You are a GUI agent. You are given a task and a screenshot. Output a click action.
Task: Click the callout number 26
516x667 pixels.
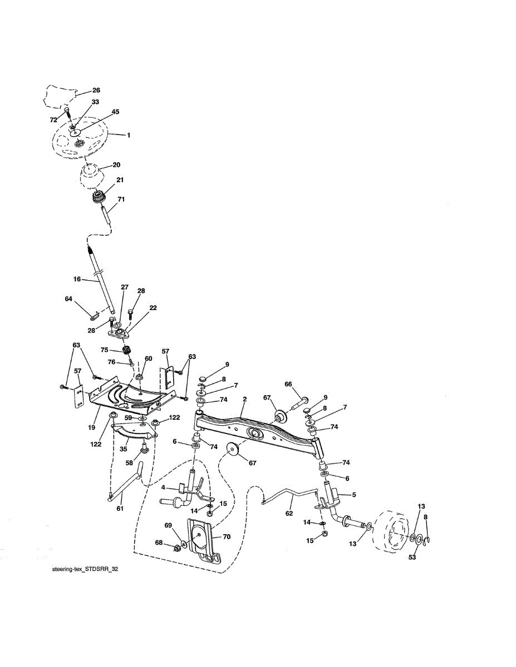(x=96, y=90)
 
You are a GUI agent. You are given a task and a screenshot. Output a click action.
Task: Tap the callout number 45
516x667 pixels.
(x=115, y=112)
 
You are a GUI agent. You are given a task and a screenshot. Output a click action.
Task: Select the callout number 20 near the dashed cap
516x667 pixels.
(x=116, y=165)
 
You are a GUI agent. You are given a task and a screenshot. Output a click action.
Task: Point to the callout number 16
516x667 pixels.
(x=77, y=279)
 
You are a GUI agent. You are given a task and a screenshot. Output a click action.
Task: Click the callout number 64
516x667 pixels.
(x=69, y=299)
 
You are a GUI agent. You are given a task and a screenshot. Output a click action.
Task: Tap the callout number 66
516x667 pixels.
(x=288, y=384)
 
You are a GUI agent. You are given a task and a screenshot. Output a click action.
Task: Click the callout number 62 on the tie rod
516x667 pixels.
(x=289, y=514)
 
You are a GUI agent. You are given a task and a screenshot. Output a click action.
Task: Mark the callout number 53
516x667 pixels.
(x=412, y=558)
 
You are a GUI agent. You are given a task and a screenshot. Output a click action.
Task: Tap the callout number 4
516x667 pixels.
(x=164, y=487)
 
